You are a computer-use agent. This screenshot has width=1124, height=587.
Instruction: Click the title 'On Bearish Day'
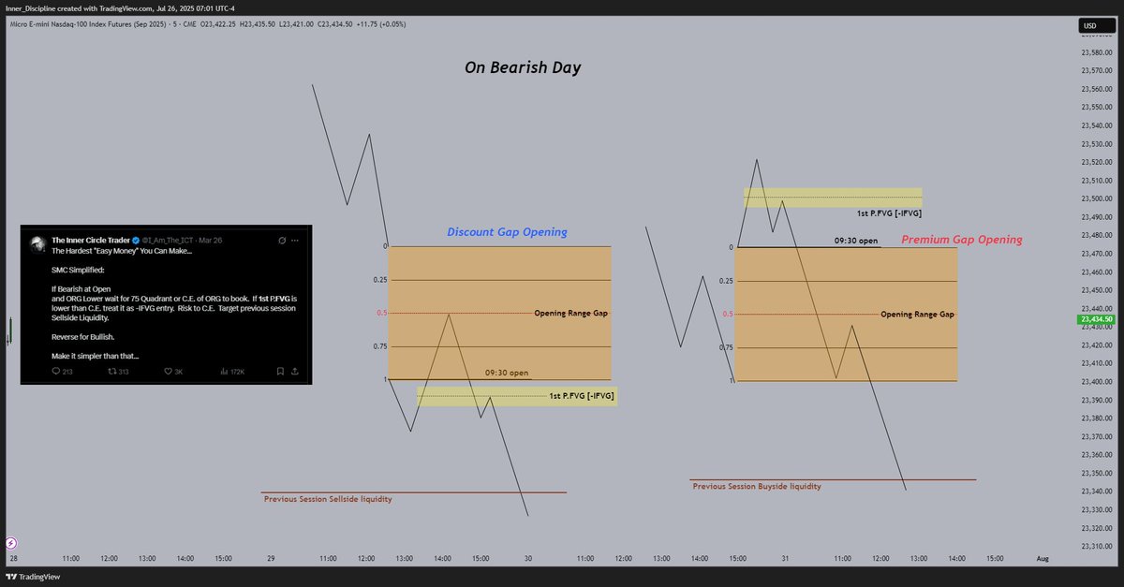pos(524,67)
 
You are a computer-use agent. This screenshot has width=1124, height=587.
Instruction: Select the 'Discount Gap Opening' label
pos(507,232)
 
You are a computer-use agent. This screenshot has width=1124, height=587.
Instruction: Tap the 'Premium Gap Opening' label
pos(961,240)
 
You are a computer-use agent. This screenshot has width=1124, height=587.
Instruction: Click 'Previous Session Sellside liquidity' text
pos(328,499)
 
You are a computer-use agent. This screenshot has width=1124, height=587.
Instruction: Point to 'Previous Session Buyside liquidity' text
pos(757,486)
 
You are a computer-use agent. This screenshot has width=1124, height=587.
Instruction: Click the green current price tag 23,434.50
pos(1095,319)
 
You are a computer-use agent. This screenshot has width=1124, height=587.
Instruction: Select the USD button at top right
pos(1089,25)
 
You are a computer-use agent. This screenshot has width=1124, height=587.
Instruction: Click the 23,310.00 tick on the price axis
pos(1095,546)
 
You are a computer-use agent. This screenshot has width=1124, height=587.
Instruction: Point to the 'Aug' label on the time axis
pos(1042,558)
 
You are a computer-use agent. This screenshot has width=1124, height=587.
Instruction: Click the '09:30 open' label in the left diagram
pos(506,373)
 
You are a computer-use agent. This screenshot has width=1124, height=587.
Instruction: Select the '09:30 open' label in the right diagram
pos(855,241)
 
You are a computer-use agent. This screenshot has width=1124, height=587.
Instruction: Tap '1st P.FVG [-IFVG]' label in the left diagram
pos(583,397)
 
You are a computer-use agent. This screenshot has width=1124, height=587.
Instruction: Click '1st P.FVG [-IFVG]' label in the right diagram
pos(889,213)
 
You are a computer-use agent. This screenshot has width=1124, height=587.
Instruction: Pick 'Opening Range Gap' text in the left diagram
pos(570,313)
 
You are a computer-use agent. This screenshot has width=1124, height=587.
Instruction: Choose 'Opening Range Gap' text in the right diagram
pos(917,315)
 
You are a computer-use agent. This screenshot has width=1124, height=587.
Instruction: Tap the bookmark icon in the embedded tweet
pos(279,372)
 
